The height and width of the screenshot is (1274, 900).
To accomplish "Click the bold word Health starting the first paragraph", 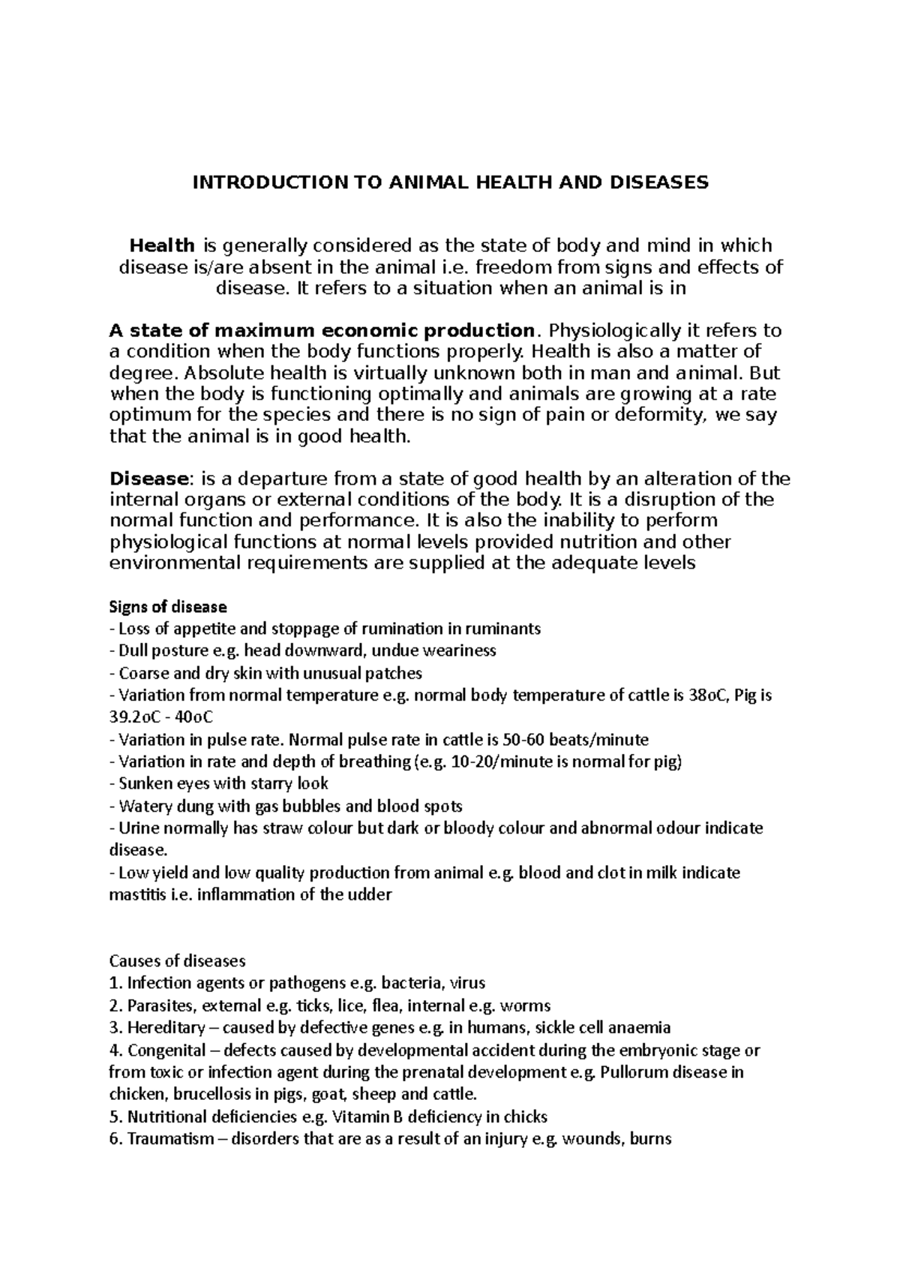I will tap(162, 245).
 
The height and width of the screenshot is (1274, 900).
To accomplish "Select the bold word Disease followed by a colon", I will tap(147, 479).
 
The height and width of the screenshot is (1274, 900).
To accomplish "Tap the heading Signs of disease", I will tap(168, 606).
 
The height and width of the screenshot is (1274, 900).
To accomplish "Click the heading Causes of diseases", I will tap(178, 961).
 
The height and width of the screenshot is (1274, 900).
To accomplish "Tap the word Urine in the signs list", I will tap(136, 828).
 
